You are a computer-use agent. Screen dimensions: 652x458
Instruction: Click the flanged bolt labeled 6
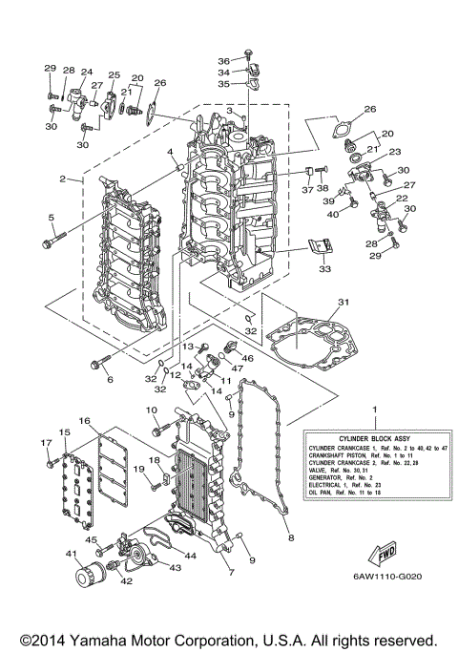tap(98, 363)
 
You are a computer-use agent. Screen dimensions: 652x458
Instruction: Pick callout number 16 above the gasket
tap(84, 421)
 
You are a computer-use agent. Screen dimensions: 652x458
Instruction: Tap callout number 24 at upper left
tap(86, 73)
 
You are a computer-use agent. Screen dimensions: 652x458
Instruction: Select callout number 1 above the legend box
tap(374, 409)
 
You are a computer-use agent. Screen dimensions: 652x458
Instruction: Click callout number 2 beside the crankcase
tap(62, 179)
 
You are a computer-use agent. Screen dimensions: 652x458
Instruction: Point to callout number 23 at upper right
tap(394, 152)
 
